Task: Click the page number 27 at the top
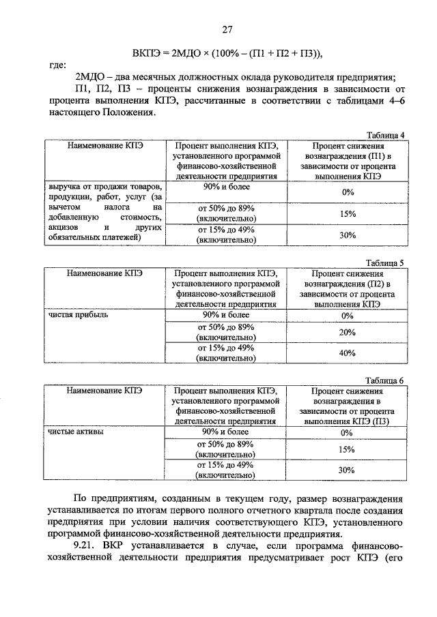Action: point(227,29)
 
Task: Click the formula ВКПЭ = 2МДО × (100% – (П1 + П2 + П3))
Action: point(227,53)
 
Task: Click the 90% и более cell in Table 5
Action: point(226,315)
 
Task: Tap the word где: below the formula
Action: point(57,65)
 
